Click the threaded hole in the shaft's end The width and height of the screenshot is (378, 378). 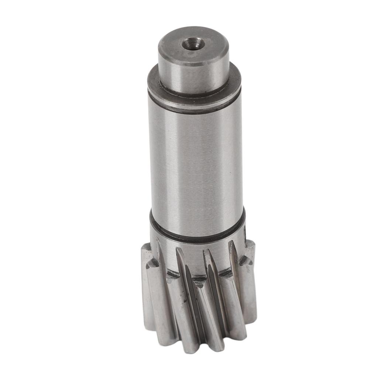click(193, 44)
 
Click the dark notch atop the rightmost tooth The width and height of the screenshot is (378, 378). click(245, 261)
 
